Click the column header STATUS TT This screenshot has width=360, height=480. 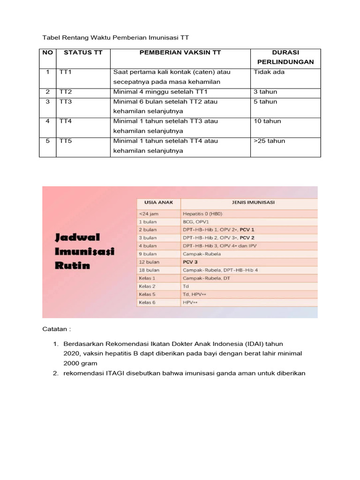(x=83, y=53)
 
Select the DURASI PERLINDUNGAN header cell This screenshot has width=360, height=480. (x=285, y=57)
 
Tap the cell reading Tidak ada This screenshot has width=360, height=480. (x=269, y=72)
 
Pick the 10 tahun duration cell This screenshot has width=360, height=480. (x=267, y=121)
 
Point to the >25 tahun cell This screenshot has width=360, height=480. (x=269, y=141)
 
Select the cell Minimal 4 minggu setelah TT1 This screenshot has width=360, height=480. (x=160, y=92)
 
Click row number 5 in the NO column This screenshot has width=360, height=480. (x=47, y=141)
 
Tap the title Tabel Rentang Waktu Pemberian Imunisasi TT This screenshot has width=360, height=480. (x=115, y=37)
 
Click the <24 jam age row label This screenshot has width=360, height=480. (x=149, y=213)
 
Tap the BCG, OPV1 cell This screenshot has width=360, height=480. (x=195, y=221)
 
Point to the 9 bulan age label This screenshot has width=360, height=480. (x=148, y=254)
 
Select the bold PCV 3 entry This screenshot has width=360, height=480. (x=190, y=262)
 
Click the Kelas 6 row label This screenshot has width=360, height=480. (x=147, y=303)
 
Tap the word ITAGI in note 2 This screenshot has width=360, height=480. (x=117, y=373)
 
